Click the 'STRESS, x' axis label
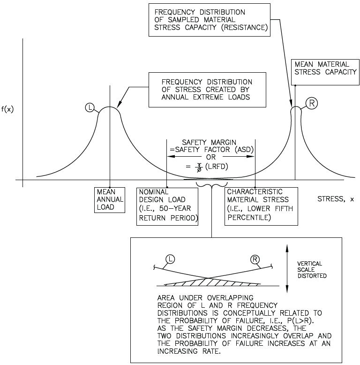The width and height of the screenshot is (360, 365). (x=336, y=199)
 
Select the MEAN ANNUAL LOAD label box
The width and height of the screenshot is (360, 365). (x=110, y=199)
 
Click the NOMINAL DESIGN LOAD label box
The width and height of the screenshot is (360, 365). (x=167, y=206)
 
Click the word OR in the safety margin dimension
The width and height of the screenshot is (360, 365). (x=210, y=157)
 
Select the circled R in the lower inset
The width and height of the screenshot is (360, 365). (x=255, y=259)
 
